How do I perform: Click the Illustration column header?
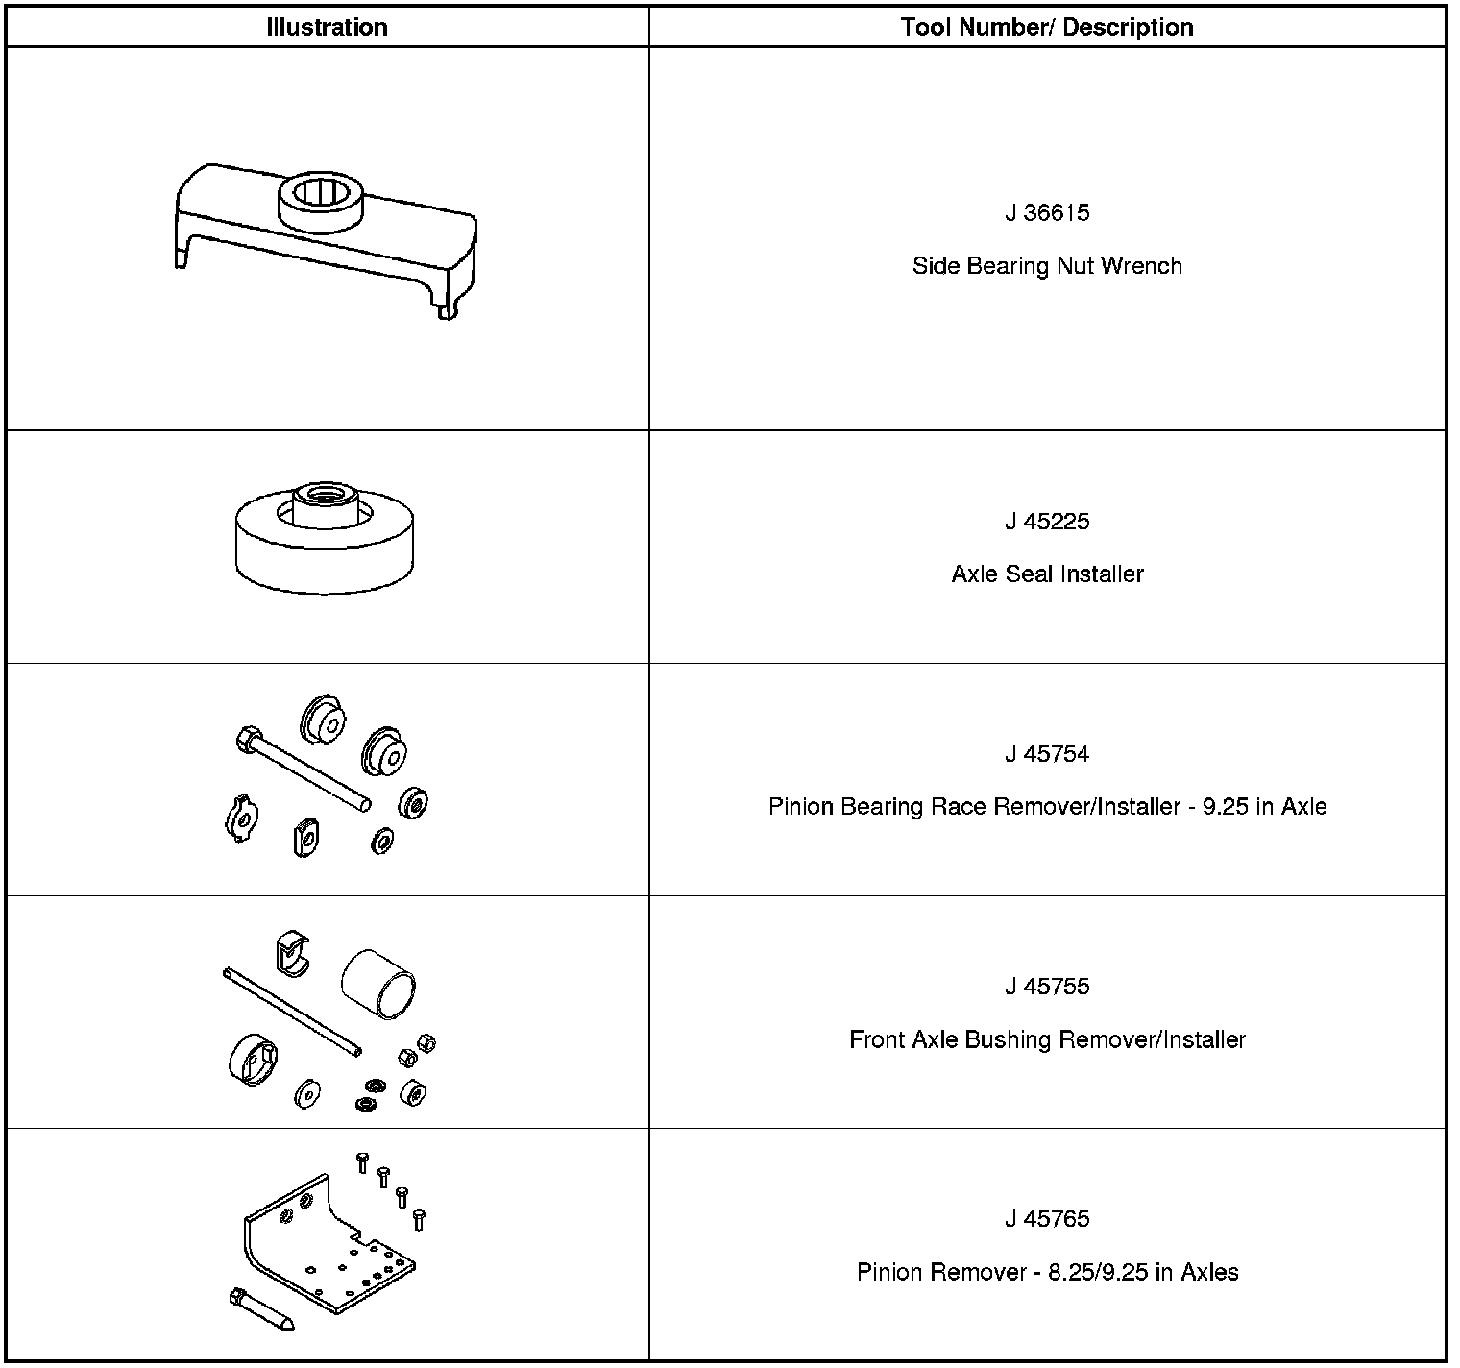pos(327,27)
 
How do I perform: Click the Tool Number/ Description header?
pos(1047,27)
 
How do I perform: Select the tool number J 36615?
pos(1047,212)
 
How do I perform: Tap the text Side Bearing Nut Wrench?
pos(1047,266)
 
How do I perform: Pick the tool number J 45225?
pos(1047,522)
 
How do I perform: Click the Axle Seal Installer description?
pos(1047,574)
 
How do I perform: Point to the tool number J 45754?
pos(1047,754)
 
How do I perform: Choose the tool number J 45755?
pos(1047,987)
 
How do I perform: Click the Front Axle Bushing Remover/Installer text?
pos(1047,1039)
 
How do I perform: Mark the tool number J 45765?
pos(1047,1219)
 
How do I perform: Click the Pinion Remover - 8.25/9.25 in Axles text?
pos(1047,1272)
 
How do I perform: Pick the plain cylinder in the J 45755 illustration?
pos(378,985)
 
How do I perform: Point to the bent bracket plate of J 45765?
pos(327,1249)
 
